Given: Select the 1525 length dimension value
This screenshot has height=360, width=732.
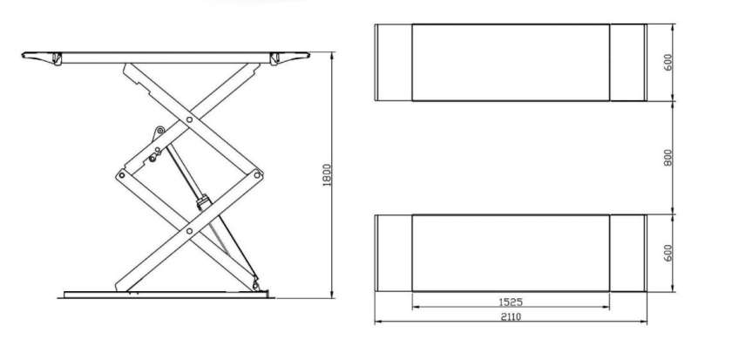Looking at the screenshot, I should [511, 302].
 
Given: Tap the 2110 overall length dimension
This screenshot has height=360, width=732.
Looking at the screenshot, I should [511, 317].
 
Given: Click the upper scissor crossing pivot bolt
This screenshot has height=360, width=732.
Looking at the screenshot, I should [189, 118].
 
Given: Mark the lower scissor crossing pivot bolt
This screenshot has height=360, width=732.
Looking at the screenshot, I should [189, 231].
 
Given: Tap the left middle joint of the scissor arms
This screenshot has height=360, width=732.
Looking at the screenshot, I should [121, 174].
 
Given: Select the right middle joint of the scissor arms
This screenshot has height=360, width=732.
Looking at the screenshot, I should [257, 174].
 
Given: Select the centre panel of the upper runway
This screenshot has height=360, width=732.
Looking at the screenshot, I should [511, 63].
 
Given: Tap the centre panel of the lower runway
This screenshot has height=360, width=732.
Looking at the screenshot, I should [511, 254].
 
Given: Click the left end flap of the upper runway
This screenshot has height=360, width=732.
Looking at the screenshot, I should [393, 63].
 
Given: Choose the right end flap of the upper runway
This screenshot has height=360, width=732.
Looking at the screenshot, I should [627, 63].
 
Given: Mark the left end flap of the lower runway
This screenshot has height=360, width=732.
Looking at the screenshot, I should [393, 254].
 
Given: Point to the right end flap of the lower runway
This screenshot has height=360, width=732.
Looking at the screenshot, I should [627, 254].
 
